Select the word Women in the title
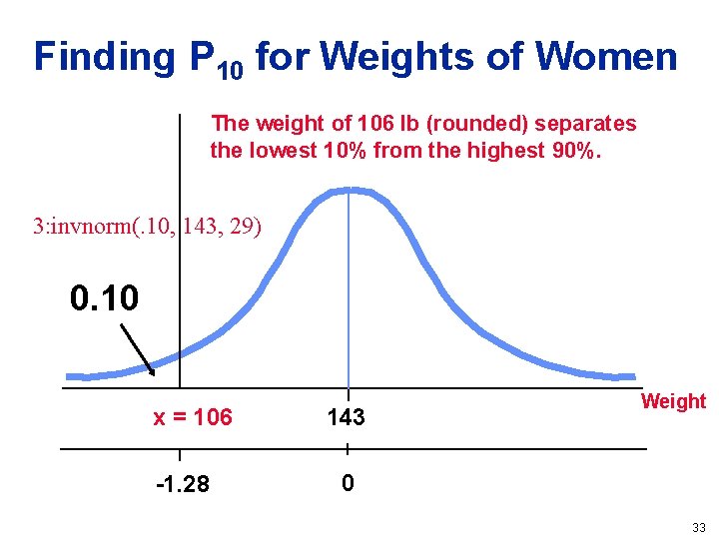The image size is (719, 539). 606,57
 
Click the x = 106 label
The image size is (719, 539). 192,418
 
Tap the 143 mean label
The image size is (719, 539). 346,418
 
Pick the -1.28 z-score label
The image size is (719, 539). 183,484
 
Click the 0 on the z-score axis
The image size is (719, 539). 346,484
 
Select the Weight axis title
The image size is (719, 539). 672,401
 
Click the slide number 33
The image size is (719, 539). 698,527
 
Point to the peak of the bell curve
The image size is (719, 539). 348,190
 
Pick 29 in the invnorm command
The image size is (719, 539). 243,228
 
